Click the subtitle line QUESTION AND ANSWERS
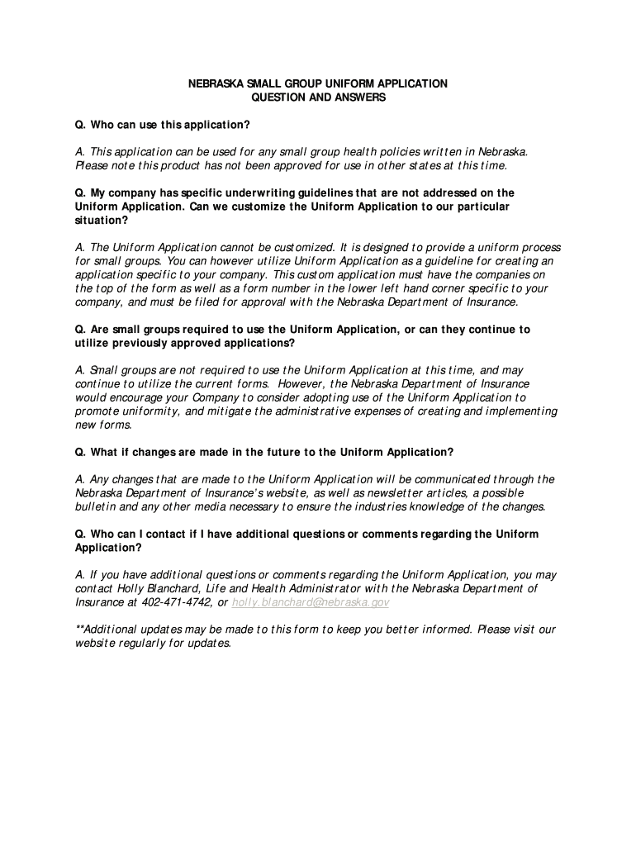(x=318, y=97)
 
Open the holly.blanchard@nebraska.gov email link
(x=311, y=602)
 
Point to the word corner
(x=423, y=288)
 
